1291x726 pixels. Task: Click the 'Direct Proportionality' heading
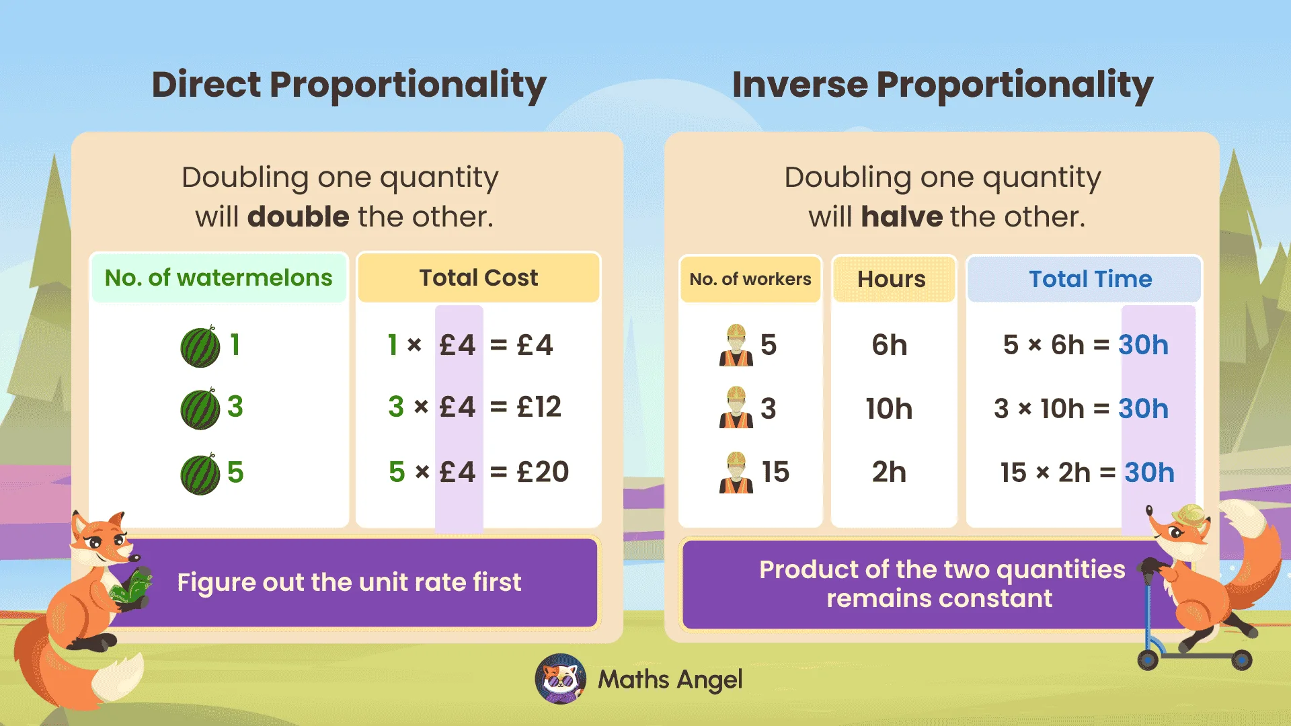(x=349, y=85)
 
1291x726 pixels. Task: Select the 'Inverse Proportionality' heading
(x=942, y=85)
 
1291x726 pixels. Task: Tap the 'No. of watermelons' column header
(x=219, y=278)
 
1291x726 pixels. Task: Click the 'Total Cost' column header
(x=478, y=278)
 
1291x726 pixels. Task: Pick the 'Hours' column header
(x=891, y=279)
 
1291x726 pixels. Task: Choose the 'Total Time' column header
(x=1090, y=279)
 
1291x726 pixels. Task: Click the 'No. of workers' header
(x=750, y=279)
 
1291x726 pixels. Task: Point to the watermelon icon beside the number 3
(x=200, y=409)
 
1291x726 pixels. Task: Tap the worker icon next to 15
(x=736, y=473)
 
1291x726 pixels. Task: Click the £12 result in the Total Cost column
(x=539, y=407)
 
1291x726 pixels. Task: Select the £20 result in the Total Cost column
(x=543, y=472)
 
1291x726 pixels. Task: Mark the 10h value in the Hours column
(x=889, y=409)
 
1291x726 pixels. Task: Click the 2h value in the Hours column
(x=889, y=472)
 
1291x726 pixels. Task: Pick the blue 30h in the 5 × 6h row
(x=1143, y=345)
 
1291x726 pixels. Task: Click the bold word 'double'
(x=298, y=217)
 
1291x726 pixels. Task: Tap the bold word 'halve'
(x=902, y=217)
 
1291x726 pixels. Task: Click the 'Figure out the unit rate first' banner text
(x=349, y=582)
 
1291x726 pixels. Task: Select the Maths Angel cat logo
(x=561, y=679)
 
